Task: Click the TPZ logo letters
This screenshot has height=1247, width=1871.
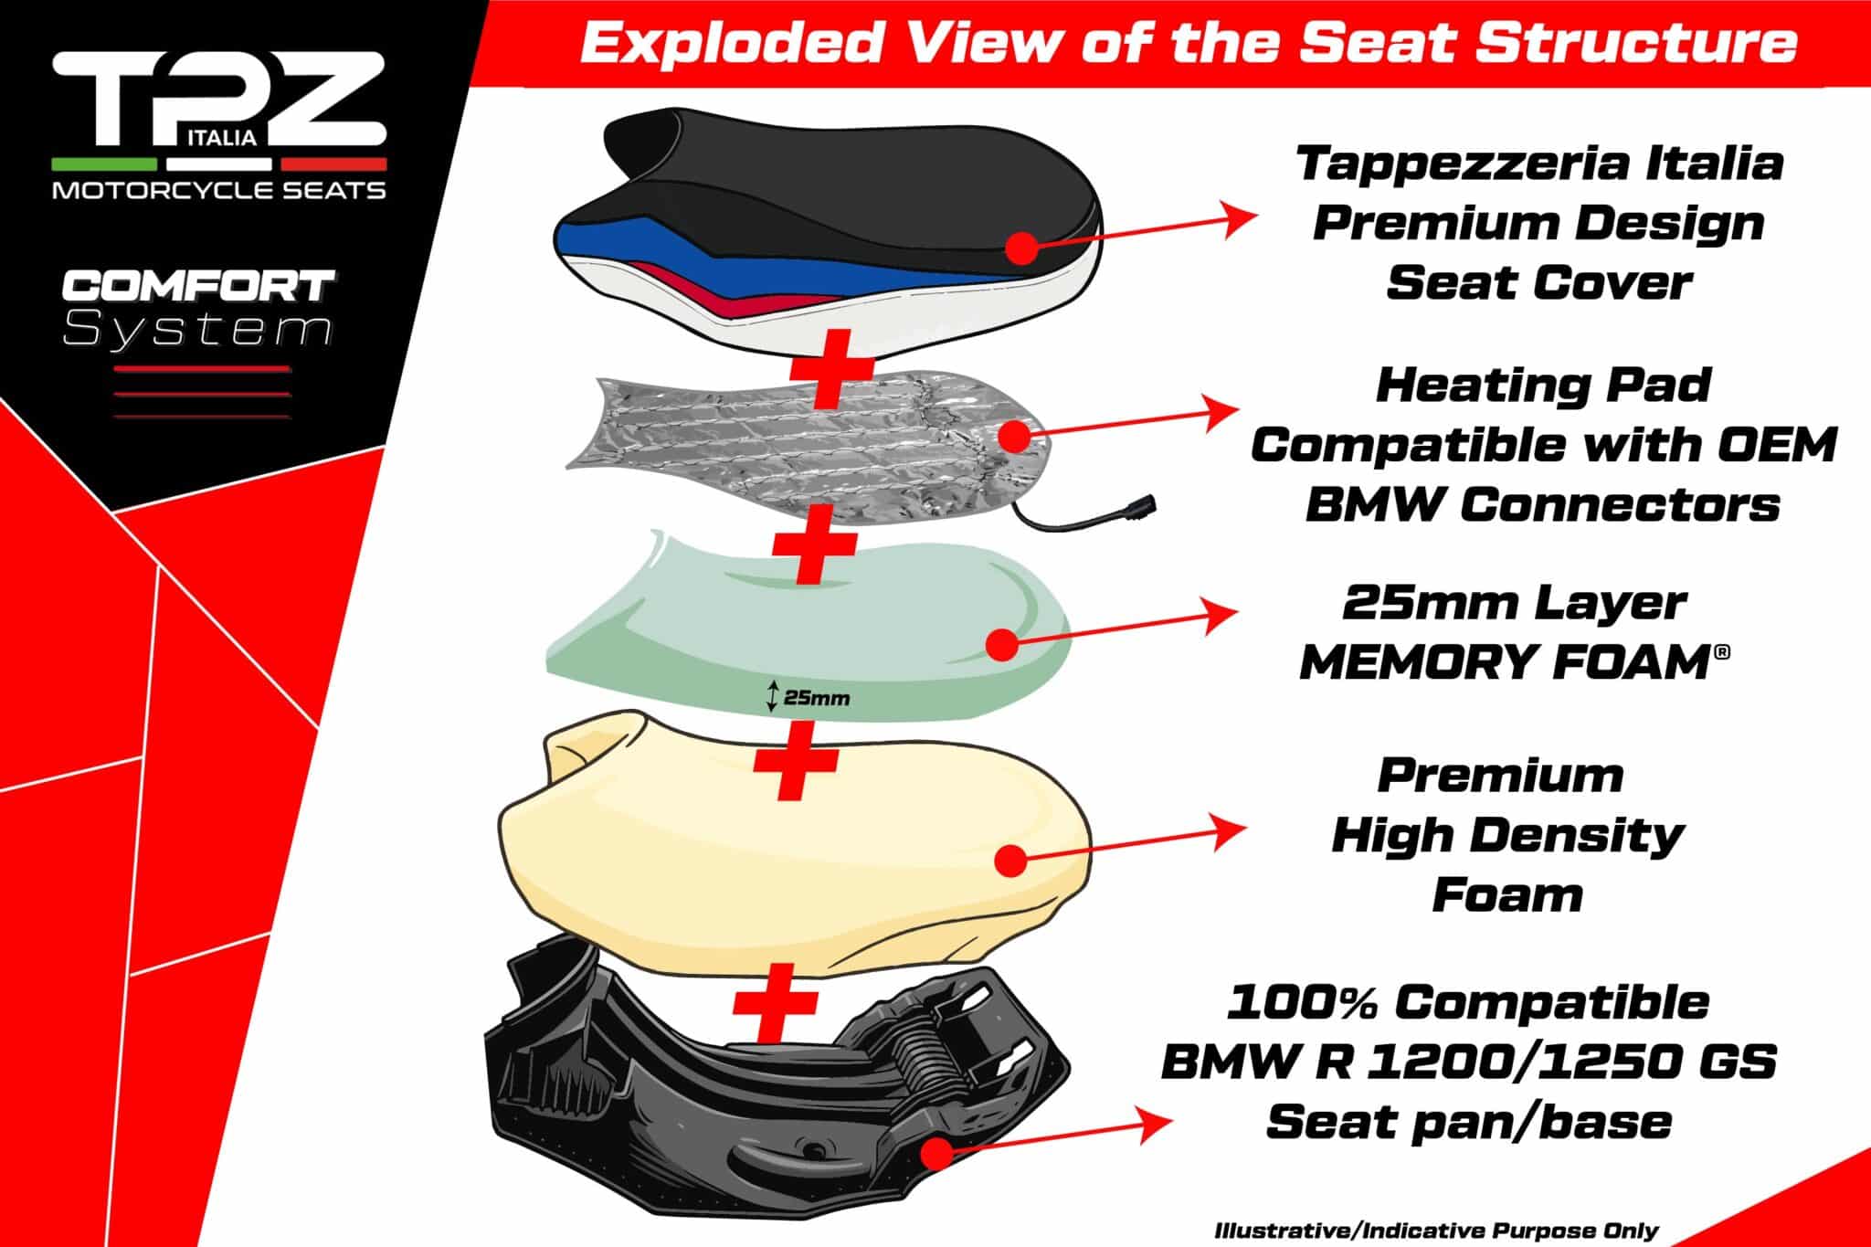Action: (x=219, y=100)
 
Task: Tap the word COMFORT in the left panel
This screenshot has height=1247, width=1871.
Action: (x=197, y=286)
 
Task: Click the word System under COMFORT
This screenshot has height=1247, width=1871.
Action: (x=197, y=330)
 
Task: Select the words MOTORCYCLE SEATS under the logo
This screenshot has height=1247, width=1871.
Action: (x=219, y=190)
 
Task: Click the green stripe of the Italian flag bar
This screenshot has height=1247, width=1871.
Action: (x=104, y=164)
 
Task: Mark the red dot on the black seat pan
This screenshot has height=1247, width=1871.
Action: (x=939, y=1153)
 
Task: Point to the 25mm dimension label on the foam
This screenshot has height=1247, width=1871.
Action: (x=808, y=699)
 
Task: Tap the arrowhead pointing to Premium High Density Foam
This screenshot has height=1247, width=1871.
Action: (x=1230, y=830)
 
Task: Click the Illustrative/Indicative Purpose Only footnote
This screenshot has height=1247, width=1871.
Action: (x=1436, y=1231)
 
